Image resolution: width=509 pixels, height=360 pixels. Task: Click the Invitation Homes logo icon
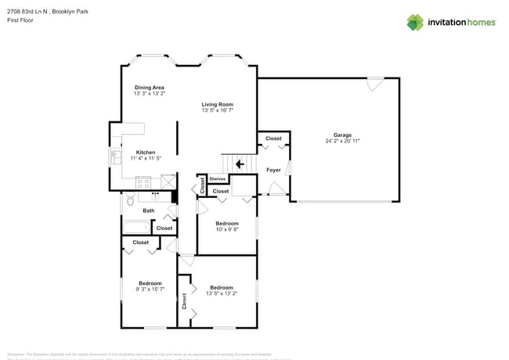(415, 22)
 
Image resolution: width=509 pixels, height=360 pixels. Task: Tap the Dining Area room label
(149, 87)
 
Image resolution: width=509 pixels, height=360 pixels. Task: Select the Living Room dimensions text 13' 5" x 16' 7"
(218, 110)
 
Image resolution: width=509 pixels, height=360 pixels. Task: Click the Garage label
(342, 135)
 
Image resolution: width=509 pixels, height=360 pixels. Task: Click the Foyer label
(273, 170)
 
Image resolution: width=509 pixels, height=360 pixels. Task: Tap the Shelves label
(218, 178)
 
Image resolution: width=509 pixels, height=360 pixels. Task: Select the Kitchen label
(146, 152)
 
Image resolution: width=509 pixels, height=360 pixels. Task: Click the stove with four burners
(143, 182)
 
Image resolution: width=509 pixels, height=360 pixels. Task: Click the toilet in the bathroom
(128, 202)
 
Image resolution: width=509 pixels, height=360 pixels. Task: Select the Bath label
(148, 210)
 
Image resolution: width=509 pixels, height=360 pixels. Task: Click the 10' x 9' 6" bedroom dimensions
(227, 229)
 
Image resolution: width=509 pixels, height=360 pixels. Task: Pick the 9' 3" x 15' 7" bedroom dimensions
(150, 289)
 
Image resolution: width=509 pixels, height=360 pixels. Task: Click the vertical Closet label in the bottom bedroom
(185, 301)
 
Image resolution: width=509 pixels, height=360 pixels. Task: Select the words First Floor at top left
(20, 20)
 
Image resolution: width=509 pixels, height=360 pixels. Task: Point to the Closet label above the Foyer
(273, 139)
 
